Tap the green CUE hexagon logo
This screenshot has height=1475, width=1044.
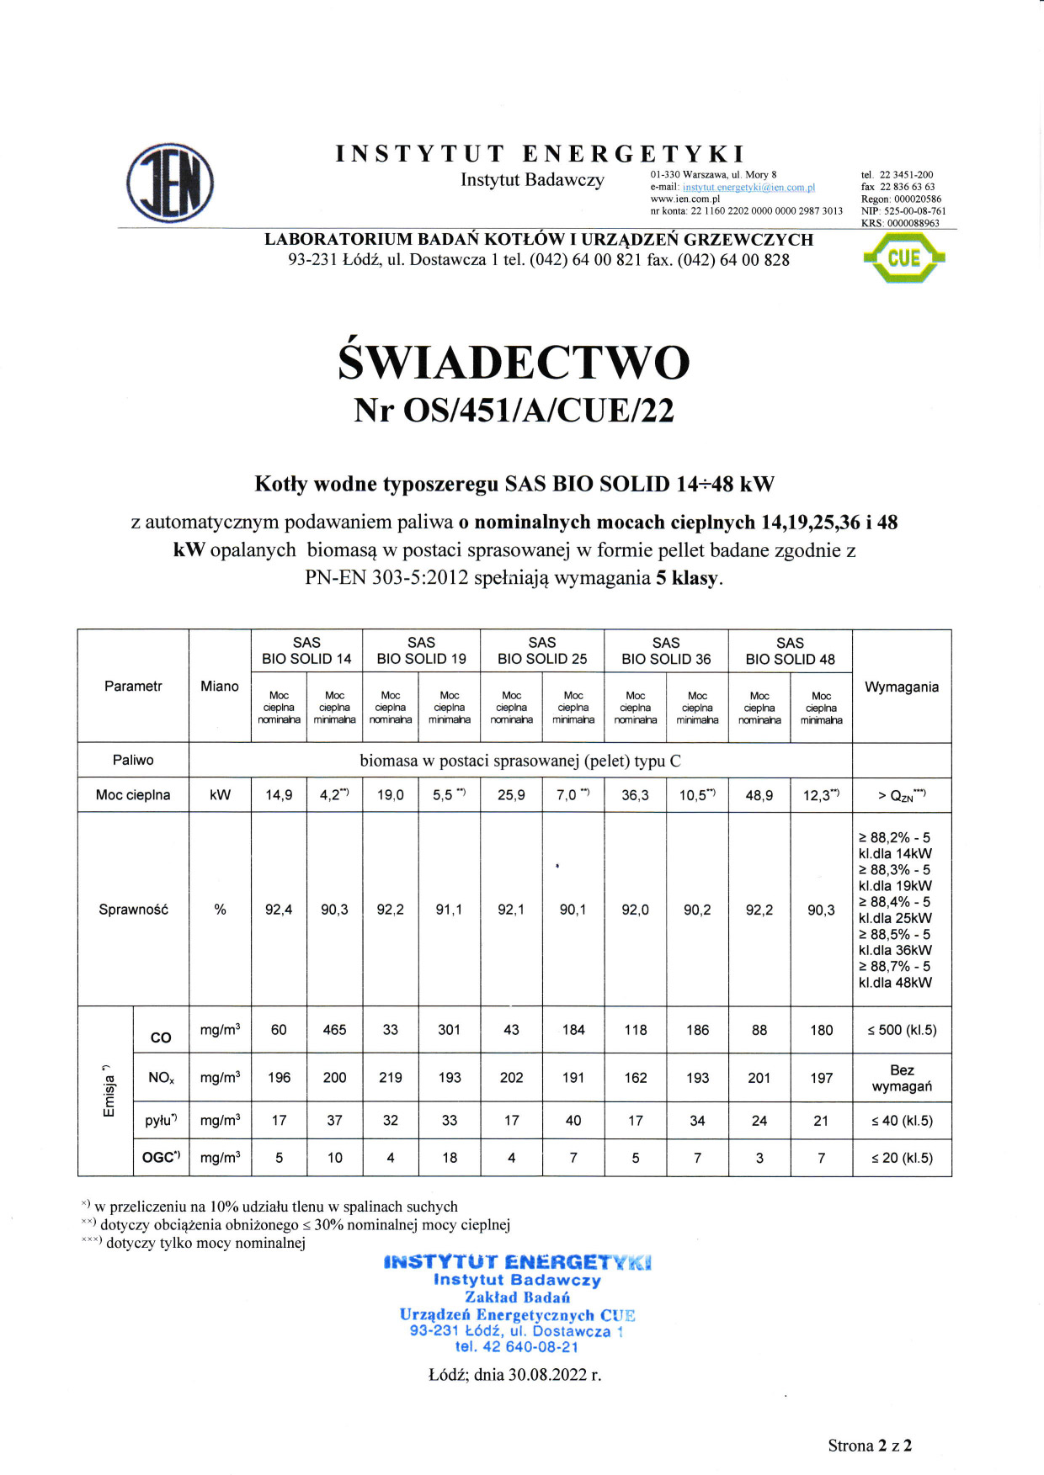pyautogui.click(x=903, y=257)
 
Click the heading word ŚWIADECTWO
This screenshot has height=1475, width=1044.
pyautogui.click(x=514, y=363)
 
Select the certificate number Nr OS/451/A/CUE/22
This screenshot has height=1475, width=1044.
pyautogui.click(x=514, y=411)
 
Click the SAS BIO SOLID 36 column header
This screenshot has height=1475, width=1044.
pyautogui.click(x=666, y=650)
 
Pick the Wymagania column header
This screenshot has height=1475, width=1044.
pyautogui.click(x=901, y=687)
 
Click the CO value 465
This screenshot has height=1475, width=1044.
pyautogui.click(x=334, y=1030)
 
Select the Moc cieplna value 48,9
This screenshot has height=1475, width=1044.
pyautogui.click(x=759, y=795)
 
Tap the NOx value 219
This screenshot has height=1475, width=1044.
pyautogui.click(x=390, y=1078)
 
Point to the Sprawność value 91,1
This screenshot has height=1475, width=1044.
pyautogui.click(x=449, y=910)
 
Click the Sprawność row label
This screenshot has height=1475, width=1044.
pyautogui.click(x=133, y=910)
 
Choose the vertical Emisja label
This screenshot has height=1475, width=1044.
pyautogui.click(x=108, y=1091)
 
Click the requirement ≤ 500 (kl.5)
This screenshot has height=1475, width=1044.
pyautogui.click(x=902, y=1030)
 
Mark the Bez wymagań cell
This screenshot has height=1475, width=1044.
pyautogui.click(x=902, y=1078)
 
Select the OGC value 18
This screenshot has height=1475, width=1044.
pyautogui.click(x=450, y=1158)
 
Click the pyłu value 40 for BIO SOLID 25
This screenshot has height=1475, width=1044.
pyautogui.click(x=573, y=1121)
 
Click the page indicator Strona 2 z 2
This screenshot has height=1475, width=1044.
pyautogui.click(x=870, y=1446)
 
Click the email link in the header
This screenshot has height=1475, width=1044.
pyautogui.click(x=748, y=187)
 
